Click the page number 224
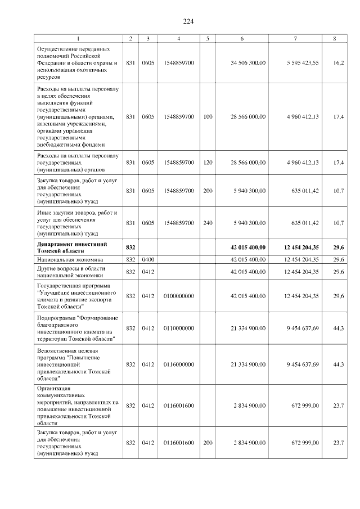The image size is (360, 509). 188,21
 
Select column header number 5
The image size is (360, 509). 208,38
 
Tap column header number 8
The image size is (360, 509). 335,38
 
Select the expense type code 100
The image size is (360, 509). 208,116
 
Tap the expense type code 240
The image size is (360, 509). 208,223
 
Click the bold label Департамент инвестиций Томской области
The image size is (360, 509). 72,247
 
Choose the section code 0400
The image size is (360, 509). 148,259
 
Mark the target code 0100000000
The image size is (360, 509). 178,296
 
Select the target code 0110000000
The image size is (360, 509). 178,328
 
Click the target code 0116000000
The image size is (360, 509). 178,364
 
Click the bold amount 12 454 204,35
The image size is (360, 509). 298,247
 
